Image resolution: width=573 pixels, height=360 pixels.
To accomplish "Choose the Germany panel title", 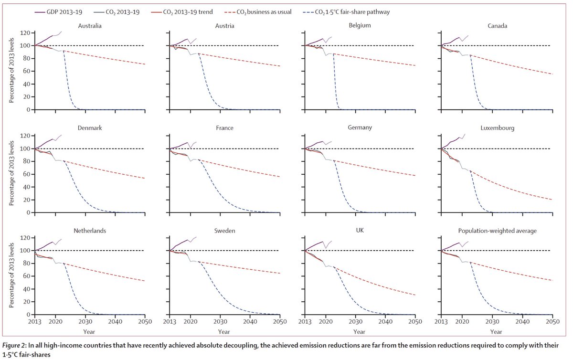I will coord(360,128).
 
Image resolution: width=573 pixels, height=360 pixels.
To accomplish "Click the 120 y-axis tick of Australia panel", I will coord(25,33).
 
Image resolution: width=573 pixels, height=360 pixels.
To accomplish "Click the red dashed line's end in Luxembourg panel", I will coord(552,199).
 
